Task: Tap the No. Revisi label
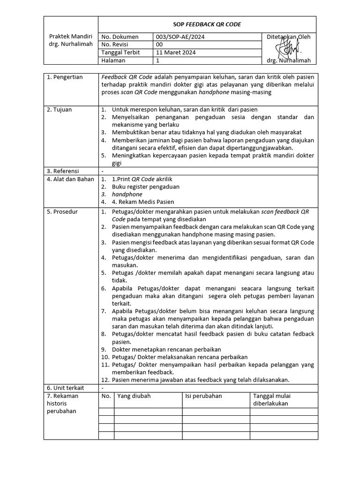[115, 45]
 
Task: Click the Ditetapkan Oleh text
[288, 37]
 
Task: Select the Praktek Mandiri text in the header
[71, 37]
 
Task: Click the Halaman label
[113, 60]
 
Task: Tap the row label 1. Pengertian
[65, 77]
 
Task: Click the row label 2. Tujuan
[60, 110]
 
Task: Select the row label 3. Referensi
[63, 171]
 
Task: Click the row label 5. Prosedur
[62, 212]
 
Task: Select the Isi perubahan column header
[203, 396]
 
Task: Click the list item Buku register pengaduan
[145, 187]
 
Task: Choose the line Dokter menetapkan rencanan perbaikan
[166, 349]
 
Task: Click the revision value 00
[159, 45]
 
